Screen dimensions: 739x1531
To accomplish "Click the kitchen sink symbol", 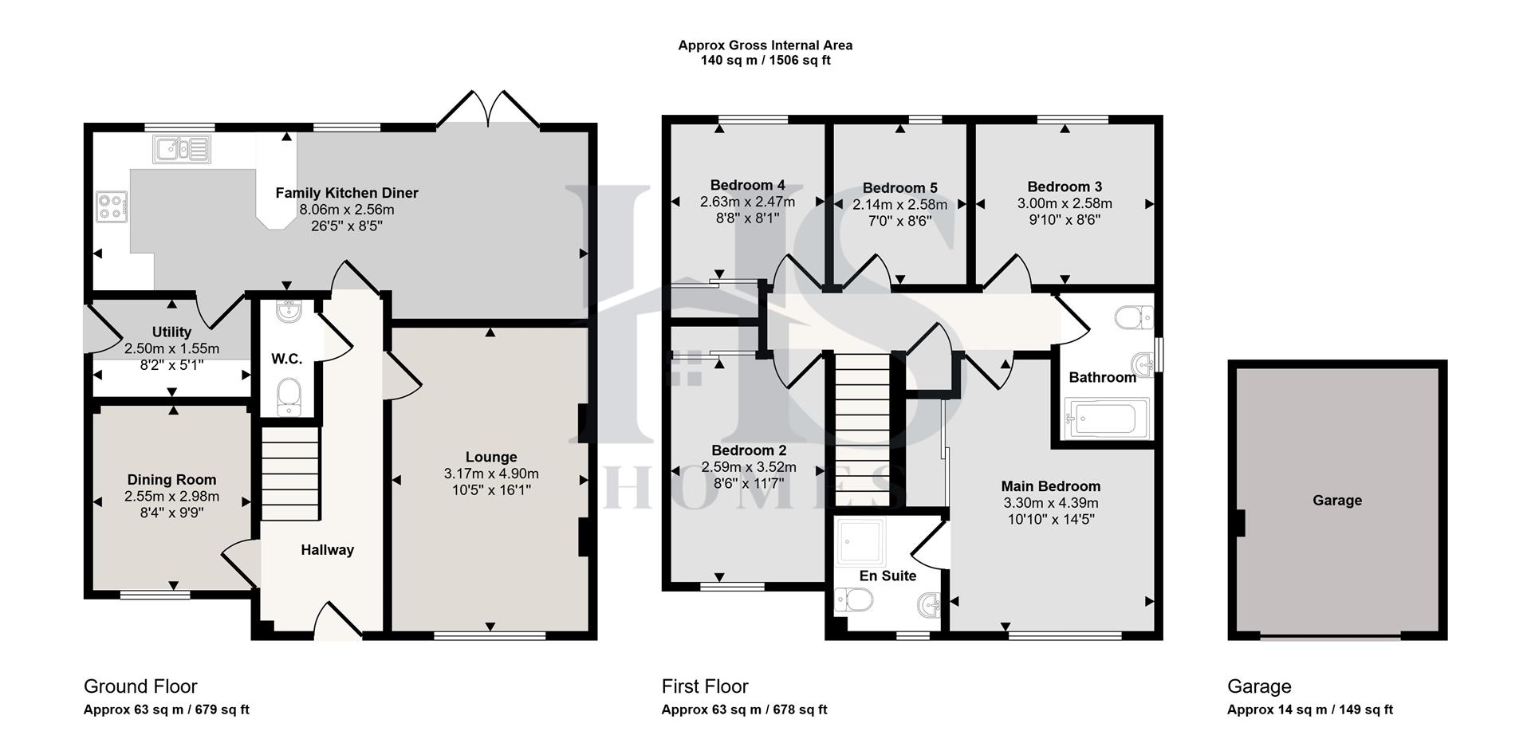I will (183, 149).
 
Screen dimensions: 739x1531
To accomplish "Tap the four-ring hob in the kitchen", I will (112, 207).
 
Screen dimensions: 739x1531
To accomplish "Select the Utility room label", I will (171, 332).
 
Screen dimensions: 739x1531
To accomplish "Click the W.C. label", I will (286, 359).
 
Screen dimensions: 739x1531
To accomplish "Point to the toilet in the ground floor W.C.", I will (288, 397).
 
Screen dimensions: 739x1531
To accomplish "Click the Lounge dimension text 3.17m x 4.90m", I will (491, 474).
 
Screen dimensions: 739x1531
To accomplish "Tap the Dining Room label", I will (171, 479).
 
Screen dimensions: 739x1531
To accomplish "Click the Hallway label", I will (327, 549).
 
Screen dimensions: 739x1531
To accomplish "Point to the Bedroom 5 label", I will (899, 187).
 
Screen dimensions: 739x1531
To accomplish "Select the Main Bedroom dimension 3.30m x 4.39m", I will (1050, 503).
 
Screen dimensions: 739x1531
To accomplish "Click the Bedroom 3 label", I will (1064, 187).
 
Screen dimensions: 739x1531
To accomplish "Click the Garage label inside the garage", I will (1336, 500).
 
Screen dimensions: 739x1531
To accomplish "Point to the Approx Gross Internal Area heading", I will (765, 45).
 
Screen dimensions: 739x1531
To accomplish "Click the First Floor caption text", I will (704, 686).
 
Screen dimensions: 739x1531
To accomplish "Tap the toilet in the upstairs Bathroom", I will (1134, 318).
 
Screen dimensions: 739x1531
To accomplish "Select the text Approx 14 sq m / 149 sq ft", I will (1309, 710).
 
